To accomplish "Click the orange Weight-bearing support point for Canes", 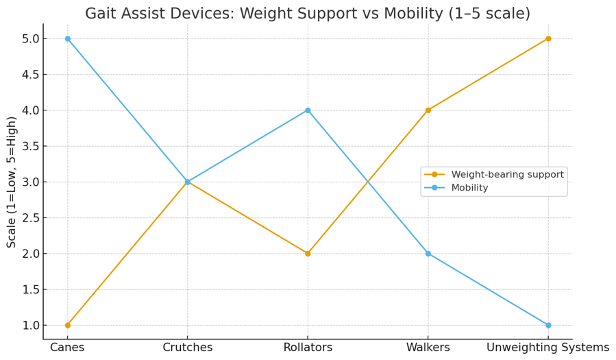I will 67,325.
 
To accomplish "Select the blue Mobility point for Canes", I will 67,38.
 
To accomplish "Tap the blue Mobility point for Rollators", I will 308,110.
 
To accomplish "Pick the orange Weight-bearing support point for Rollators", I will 308,254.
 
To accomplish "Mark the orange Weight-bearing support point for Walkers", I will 428,110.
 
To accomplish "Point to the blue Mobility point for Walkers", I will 428,254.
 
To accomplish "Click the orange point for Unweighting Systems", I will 548,38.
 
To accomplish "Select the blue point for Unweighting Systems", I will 548,325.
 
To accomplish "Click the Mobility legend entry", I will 469,188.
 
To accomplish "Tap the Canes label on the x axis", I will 67,348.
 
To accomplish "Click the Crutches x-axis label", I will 188,348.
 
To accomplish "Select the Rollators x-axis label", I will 308,348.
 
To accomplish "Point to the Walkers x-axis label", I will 428,348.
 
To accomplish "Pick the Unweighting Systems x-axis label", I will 548,348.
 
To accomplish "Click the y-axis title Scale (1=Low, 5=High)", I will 12,182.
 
